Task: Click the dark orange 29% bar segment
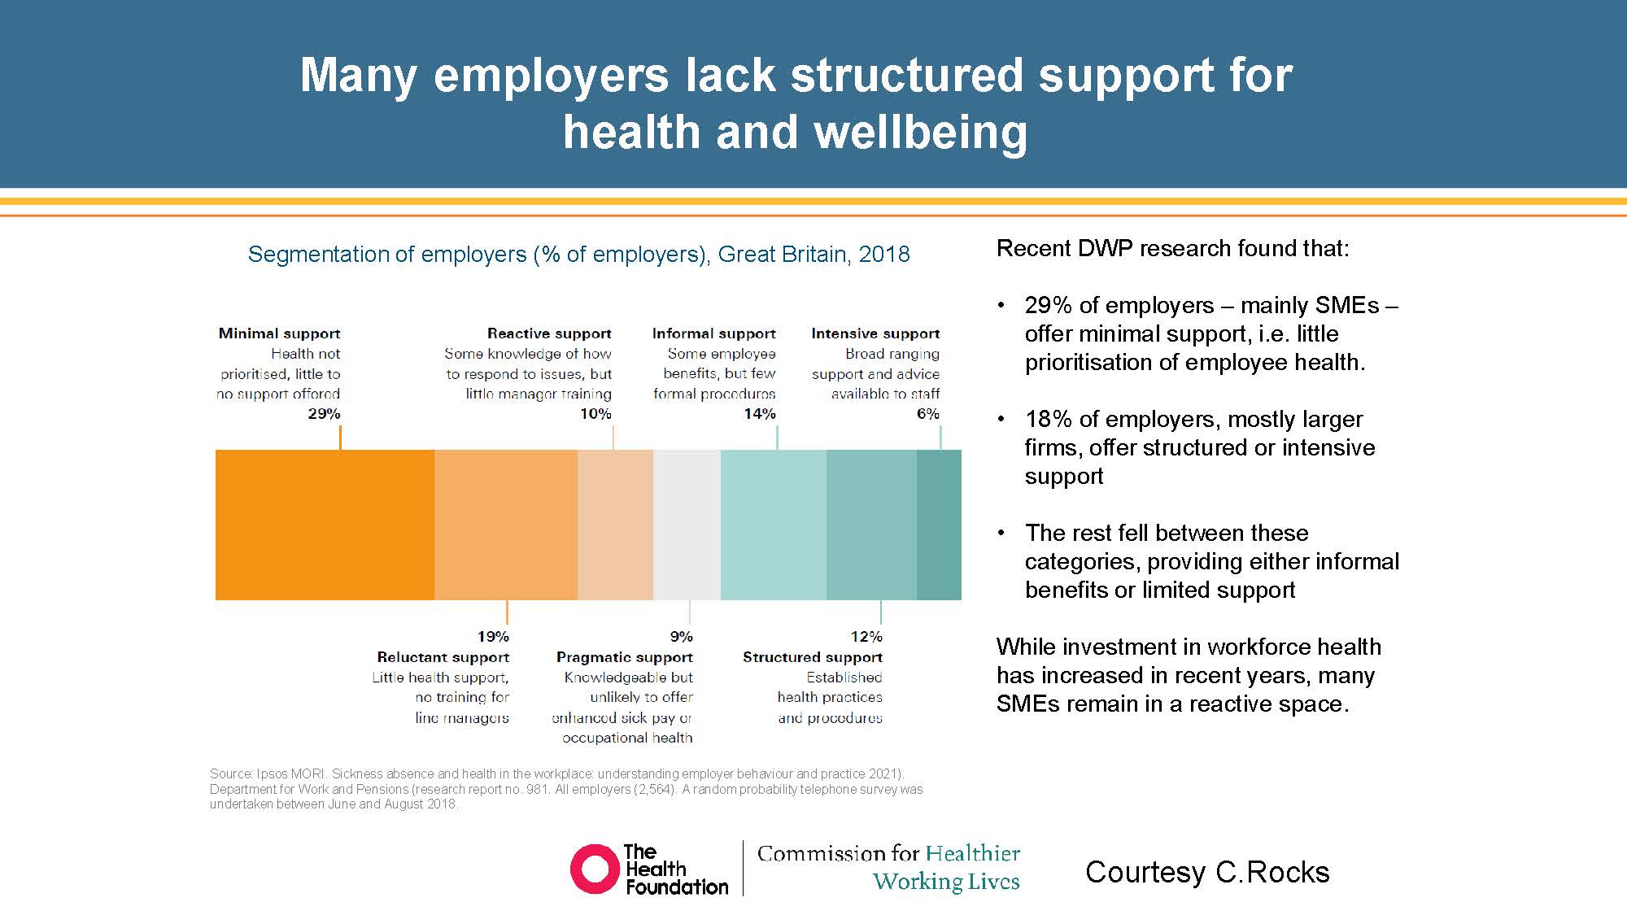(325, 525)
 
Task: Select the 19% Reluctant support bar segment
(506, 525)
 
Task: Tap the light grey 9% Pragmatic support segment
(687, 525)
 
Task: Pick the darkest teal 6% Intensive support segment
(939, 525)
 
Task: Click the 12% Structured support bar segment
(871, 525)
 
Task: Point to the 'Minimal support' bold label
(279, 333)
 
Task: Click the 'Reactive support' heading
(549, 333)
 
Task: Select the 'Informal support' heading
(713, 333)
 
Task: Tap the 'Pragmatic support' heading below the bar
(624, 657)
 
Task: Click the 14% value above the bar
(759, 414)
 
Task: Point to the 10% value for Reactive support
(595, 414)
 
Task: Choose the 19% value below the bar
(493, 637)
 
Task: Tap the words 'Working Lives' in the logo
(945, 882)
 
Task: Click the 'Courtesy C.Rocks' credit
(1207, 872)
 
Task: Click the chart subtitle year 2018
(883, 255)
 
